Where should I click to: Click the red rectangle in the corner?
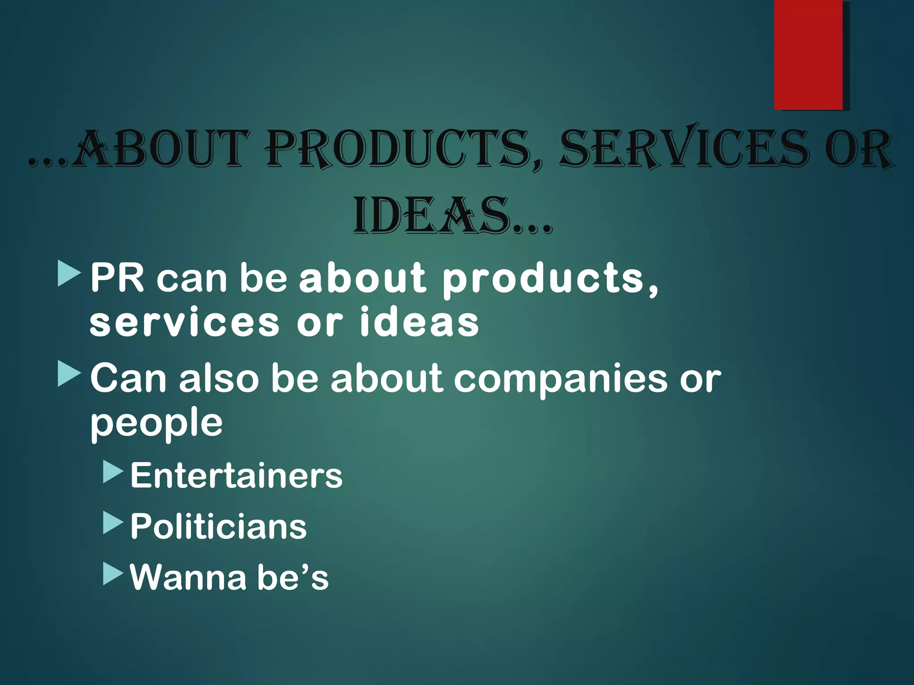point(808,54)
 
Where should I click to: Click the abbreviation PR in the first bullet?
point(117,278)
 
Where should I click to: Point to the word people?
point(156,424)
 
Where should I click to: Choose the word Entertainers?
point(236,475)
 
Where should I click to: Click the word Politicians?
point(218,526)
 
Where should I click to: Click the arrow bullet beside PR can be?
point(69,274)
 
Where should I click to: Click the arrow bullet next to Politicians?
point(112,523)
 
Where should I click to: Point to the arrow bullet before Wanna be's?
point(112,574)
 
